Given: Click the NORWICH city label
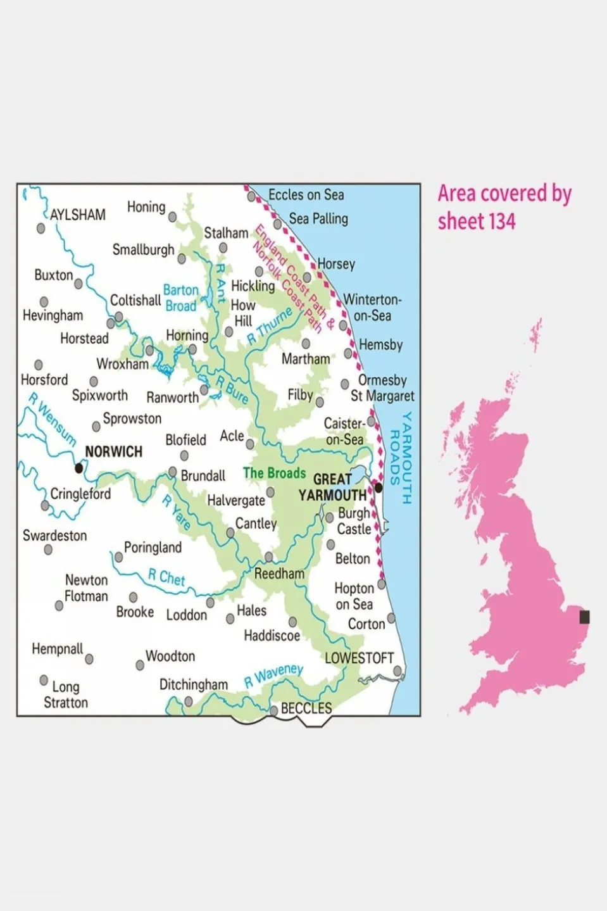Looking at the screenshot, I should (113, 451).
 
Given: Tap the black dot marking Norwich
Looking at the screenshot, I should (78, 468).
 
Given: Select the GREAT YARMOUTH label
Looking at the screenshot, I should (332, 487).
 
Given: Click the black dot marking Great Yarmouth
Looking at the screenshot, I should (379, 487).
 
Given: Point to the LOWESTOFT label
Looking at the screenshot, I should (359, 658).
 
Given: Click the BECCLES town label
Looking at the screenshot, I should (306, 708).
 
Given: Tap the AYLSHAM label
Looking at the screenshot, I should (77, 215).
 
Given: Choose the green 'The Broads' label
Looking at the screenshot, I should (274, 473).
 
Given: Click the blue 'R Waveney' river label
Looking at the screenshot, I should (273, 675).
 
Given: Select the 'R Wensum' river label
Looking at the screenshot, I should (53, 419).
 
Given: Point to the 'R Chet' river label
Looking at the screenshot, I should (166, 577).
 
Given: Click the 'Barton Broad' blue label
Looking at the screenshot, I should (180, 298).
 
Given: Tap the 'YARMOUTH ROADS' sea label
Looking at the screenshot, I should (400, 457).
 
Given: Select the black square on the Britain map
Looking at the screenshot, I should (584, 616).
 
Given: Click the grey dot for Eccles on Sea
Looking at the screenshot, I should (251, 197).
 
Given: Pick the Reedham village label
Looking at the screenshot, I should (279, 574).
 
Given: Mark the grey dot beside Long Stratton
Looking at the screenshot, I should (44, 680).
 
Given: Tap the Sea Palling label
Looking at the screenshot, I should (318, 218).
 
